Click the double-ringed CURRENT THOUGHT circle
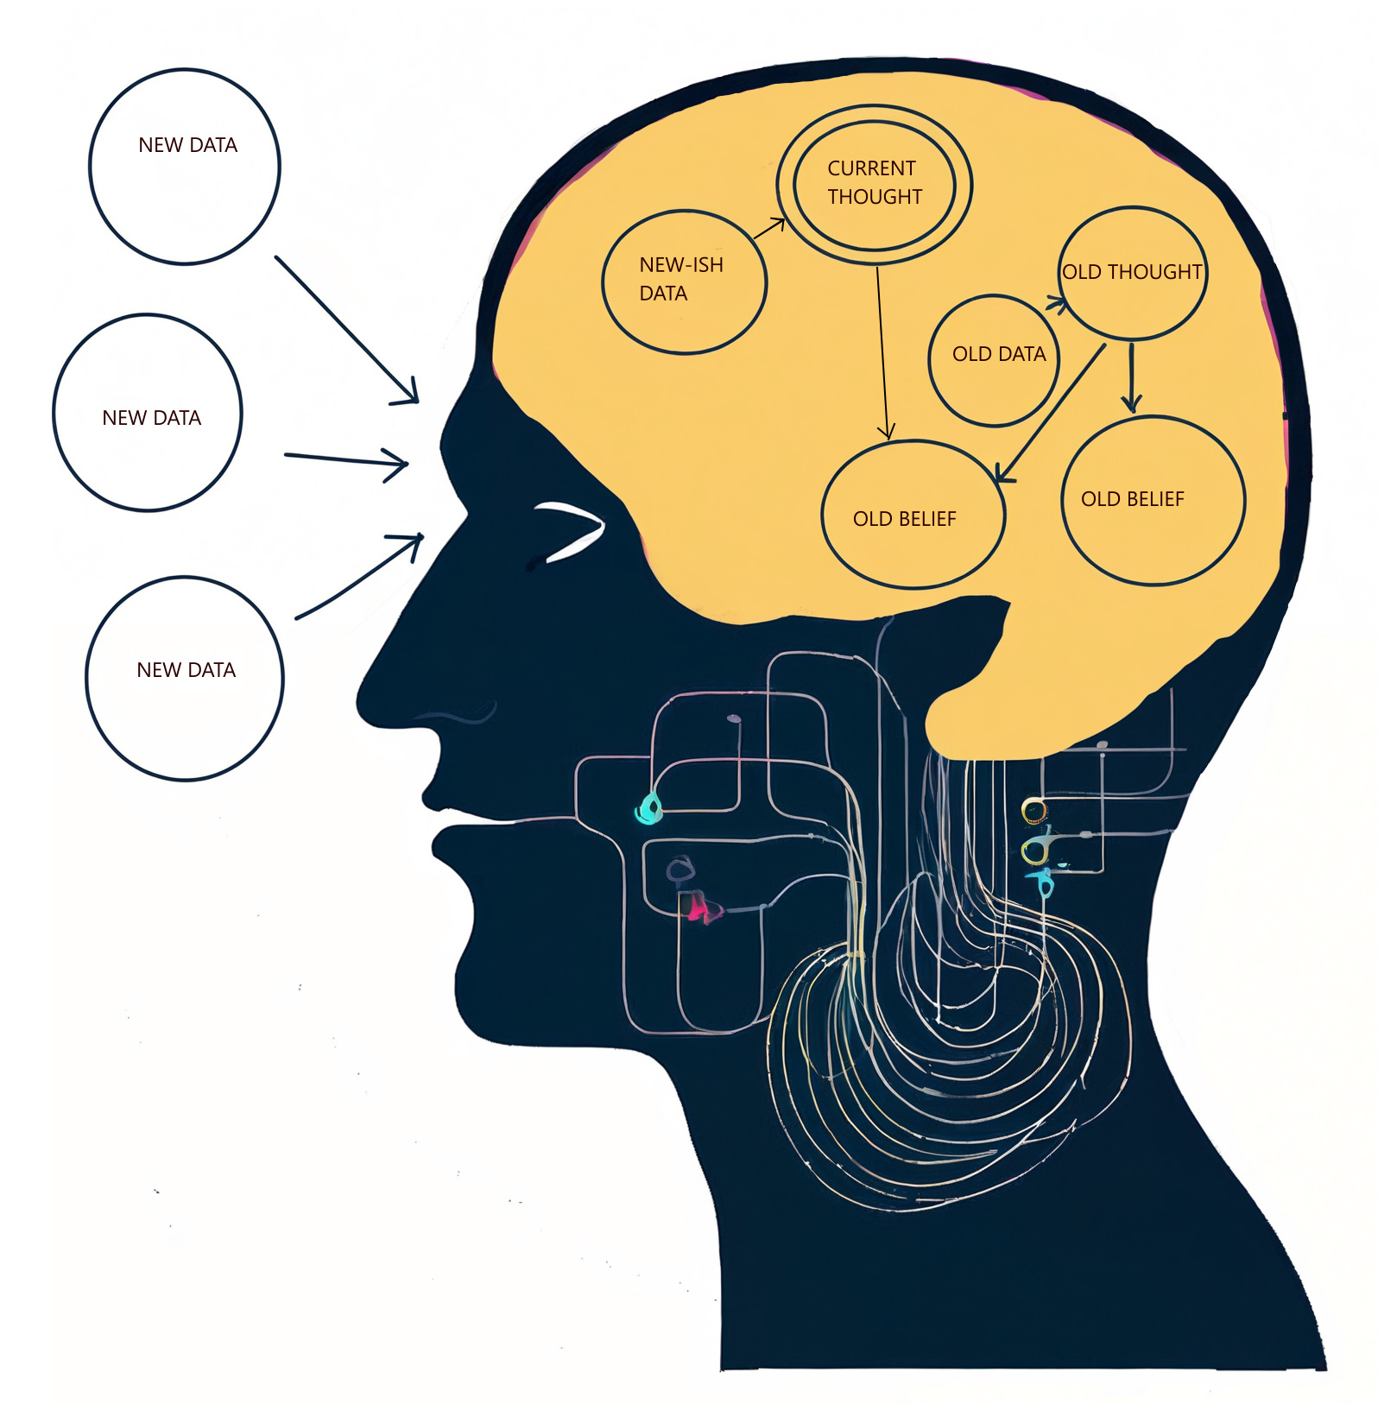(874, 183)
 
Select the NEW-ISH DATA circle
(684, 282)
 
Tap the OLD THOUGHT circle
(1132, 273)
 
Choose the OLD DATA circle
(994, 360)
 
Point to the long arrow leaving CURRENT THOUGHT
(882, 354)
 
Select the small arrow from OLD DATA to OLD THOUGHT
(1055, 303)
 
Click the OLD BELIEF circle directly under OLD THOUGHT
(1153, 501)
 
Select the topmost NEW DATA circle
(185, 167)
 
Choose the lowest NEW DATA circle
(185, 679)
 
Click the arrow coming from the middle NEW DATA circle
(345, 460)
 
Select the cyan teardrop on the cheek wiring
(648, 808)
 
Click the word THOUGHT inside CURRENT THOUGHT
(875, 197)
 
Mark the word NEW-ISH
(681, 265)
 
